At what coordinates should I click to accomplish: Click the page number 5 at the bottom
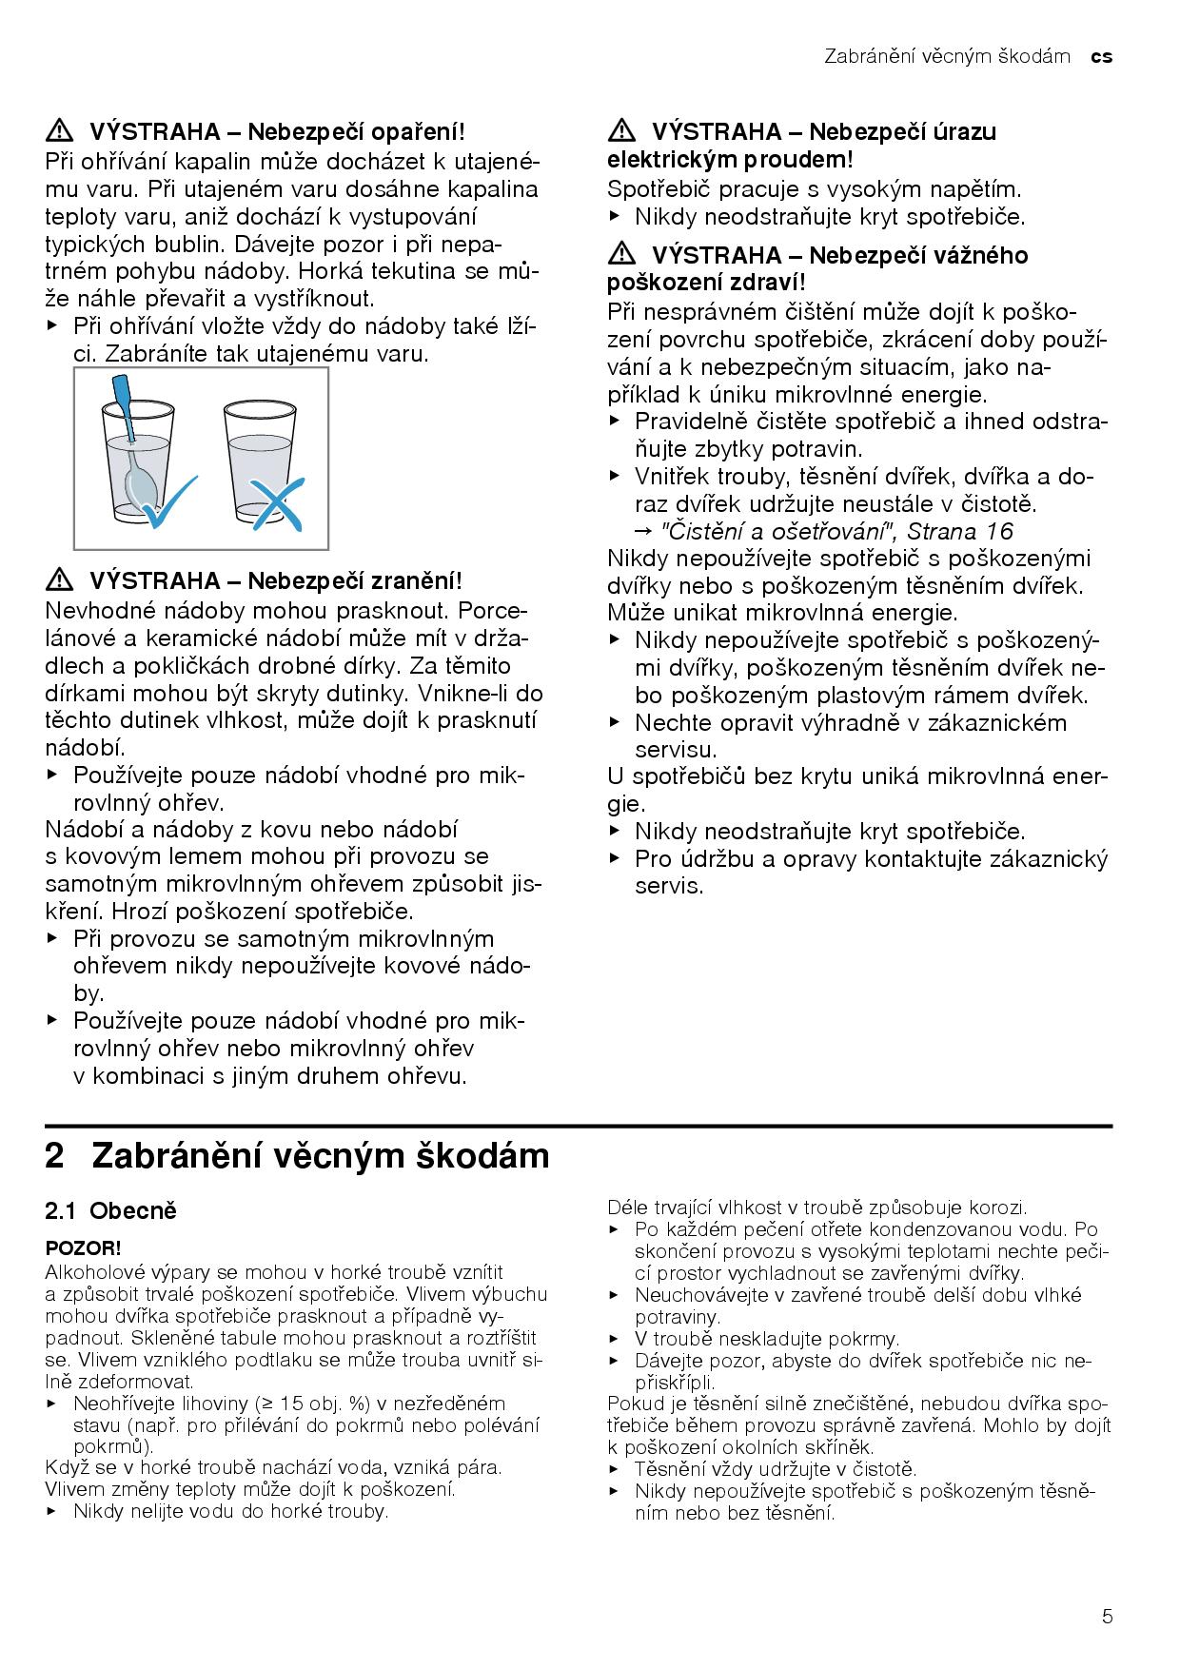pos(1106,1616)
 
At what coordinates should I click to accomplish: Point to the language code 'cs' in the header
pos(1102,57)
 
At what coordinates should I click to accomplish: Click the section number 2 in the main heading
pos(55,1156)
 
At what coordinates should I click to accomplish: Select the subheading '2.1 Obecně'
pos(111,1211)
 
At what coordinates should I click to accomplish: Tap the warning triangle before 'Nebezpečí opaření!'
pos(59,130)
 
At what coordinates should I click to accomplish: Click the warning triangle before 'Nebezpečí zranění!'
pos(59,580)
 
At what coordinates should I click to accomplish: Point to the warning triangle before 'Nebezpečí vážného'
pos(621,254)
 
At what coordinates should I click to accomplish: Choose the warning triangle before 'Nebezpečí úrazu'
pos(621,130)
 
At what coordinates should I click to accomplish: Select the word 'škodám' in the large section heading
pos(482,1156)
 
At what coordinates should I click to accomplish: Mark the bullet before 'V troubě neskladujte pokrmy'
pos(614,1339)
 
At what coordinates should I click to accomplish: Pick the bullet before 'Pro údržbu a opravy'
pos(614,859)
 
